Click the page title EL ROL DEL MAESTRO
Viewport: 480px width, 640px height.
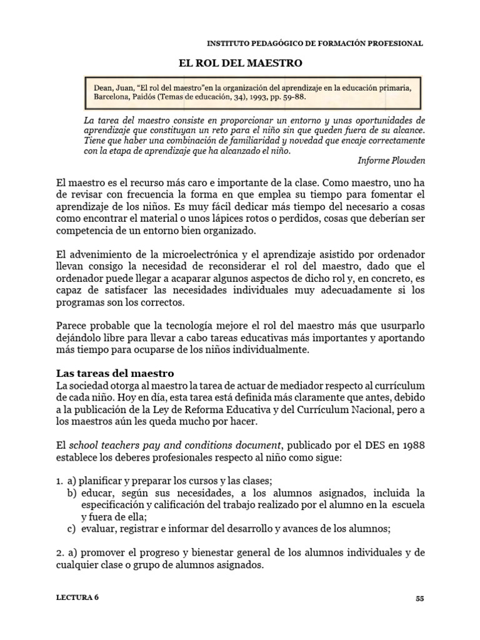(241, 63)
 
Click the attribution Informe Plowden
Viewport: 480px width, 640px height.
(391, 159)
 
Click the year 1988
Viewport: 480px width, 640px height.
(412, 445)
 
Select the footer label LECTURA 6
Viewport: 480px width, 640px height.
(77, 597)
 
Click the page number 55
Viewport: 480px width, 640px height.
(419, 597)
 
